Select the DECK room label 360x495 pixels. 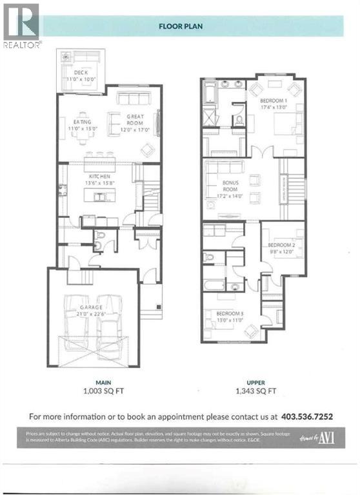pyautogui.click(x=81, y=72)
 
